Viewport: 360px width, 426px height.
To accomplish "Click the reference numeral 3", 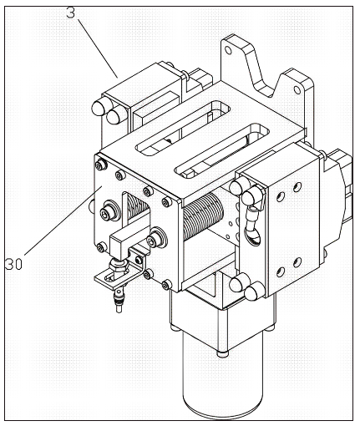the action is [71, 12].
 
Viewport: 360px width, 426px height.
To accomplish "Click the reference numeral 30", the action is [13, 264].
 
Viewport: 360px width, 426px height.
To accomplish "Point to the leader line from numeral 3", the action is [98, 48].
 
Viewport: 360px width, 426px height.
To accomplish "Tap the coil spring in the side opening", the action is [203, 216].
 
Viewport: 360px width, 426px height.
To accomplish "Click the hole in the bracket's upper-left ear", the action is [228, 50].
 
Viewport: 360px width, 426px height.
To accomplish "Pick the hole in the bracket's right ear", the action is [297, 90].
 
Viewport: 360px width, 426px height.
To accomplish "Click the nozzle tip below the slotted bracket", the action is [119, 308].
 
